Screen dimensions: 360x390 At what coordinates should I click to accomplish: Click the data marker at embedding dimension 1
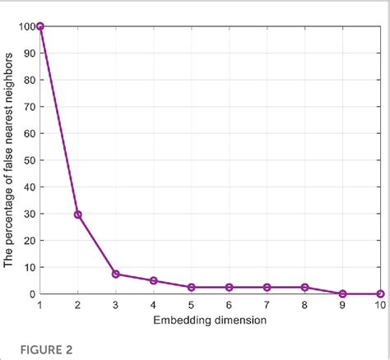(39, 26)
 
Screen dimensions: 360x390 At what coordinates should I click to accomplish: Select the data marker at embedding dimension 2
(77, 215)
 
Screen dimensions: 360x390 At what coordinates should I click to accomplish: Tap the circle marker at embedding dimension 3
(115, 274)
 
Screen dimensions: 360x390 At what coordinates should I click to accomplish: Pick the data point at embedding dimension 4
(153, 280)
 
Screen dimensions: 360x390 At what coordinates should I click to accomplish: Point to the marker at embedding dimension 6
(229, 287)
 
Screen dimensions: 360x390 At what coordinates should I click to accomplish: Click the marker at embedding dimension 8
(304, 287)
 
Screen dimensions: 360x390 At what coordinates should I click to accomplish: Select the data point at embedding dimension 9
(342, 293)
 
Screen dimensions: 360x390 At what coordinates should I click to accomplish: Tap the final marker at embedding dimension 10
(380, 293)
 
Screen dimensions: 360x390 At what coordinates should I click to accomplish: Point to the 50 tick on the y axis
(28, 160)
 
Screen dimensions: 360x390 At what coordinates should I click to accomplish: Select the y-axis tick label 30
(28, 214)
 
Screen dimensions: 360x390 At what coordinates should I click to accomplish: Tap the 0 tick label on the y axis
(30, 293)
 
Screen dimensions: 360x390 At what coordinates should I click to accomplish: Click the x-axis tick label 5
(191, 305)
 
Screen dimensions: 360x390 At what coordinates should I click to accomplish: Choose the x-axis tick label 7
(267, 305)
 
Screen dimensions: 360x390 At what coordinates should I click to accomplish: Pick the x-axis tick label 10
(379, 305)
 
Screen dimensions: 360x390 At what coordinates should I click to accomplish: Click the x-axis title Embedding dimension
(210, 319)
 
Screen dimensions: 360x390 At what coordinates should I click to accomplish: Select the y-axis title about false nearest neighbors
(9, 160)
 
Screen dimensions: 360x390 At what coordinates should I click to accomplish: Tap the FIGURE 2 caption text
(38, 349)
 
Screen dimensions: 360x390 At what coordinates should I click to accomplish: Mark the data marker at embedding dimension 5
(191, 287)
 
